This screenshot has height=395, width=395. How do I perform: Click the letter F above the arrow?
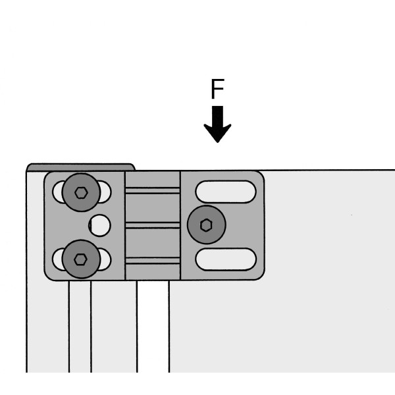coord(217,89)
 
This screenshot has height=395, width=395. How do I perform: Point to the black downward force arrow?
coord(217,124)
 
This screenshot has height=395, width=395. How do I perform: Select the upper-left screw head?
coord(81,192)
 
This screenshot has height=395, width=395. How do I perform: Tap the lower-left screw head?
coord(81,259)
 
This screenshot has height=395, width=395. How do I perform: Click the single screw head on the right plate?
coord(206,224)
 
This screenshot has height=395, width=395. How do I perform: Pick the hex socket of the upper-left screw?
coord(81,193)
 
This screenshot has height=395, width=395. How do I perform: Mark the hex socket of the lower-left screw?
coord(80,259)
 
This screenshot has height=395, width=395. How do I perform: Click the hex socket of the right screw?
coord(206,225)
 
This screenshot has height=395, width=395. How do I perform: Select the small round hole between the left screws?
coord(100,225)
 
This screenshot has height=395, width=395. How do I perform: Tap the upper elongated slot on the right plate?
coord(226,192)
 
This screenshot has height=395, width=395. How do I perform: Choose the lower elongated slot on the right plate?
coord(226,259)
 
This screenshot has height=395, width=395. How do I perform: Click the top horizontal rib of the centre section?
coord(153,190)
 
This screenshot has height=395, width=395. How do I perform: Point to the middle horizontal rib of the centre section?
coord(153,225)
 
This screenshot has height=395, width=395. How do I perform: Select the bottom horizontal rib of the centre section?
coord(153,261)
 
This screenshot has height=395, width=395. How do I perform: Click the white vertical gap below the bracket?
coord(153,327)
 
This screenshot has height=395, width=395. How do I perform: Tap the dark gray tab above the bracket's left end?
coord(80,167)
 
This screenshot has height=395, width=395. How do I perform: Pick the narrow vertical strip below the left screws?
coord(80,327)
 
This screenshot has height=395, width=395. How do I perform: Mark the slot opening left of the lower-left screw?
coord(59,259)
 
